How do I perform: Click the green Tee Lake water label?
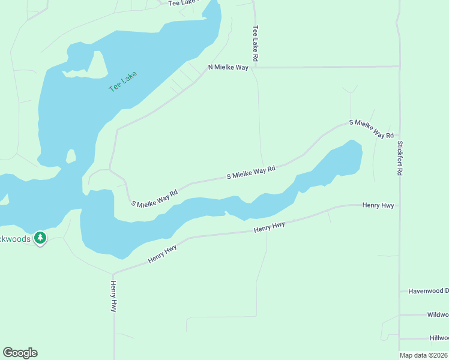[x=123, y=82]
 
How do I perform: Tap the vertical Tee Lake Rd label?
[x=256, y=44]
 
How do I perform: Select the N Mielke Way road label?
[x=228, y=68]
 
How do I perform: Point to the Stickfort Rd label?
[x=400, y=158]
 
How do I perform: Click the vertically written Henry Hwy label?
[x=113, y=296]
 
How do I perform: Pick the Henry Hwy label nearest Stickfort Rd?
[x=378, y=205]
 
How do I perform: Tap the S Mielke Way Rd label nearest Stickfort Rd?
[x=371, y=128]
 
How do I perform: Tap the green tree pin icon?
[x=40, y=238]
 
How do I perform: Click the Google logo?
[x=20, y=353]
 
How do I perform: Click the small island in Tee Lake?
[x=71, y=156]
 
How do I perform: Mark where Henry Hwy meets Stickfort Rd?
[x=400, y=206]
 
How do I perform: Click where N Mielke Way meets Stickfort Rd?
[x=399, y=66]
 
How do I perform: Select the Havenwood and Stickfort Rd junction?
[x=400, y=292]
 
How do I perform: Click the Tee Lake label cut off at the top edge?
[x=182, y=3]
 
